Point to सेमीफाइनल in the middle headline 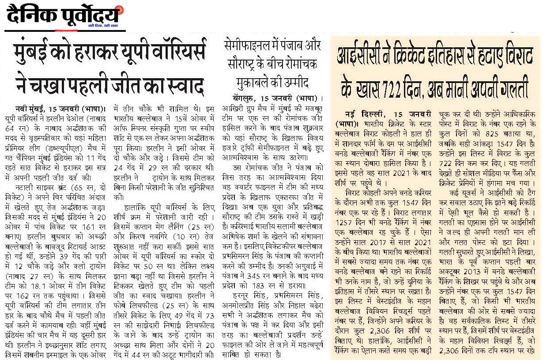pos(245,45)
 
